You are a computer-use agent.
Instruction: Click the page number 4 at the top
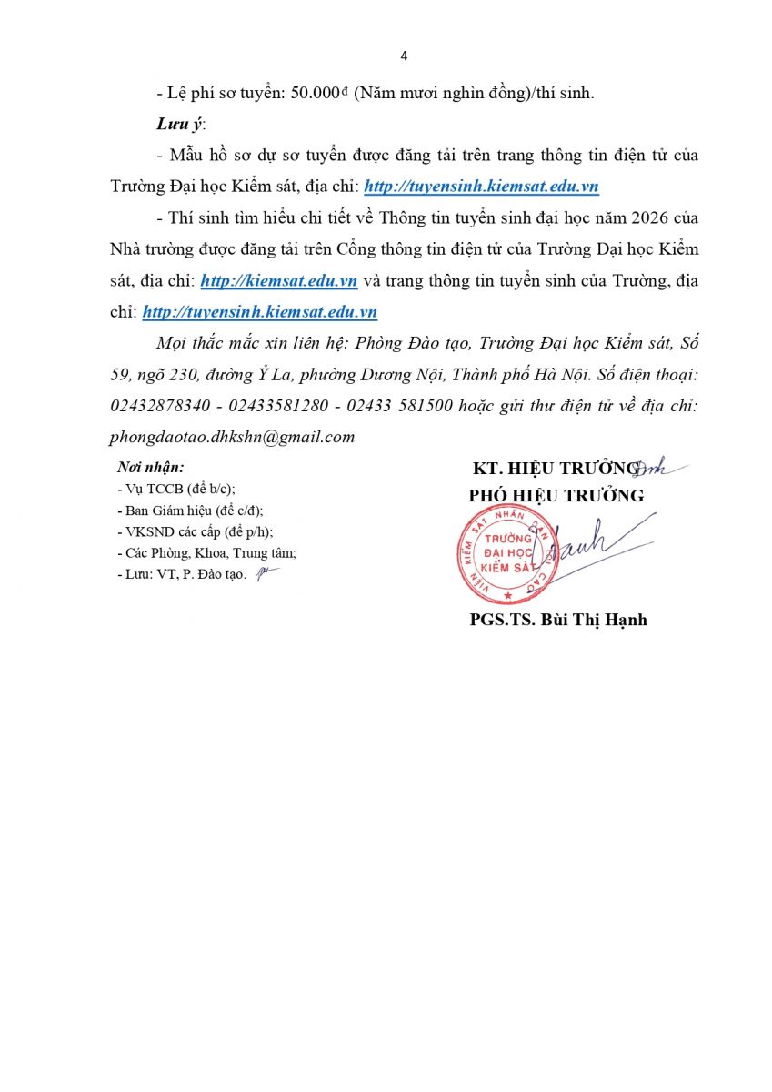point(404,56)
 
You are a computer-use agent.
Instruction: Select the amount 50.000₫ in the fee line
point(316,94)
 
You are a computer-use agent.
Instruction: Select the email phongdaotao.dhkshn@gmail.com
point(232,437)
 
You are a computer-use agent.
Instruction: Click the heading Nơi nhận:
point(151,468)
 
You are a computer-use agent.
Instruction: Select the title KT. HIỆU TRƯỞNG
point(556,469)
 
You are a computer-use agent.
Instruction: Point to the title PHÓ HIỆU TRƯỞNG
point(556,496)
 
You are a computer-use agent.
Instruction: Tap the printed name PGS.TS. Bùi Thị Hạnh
point(558,620)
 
